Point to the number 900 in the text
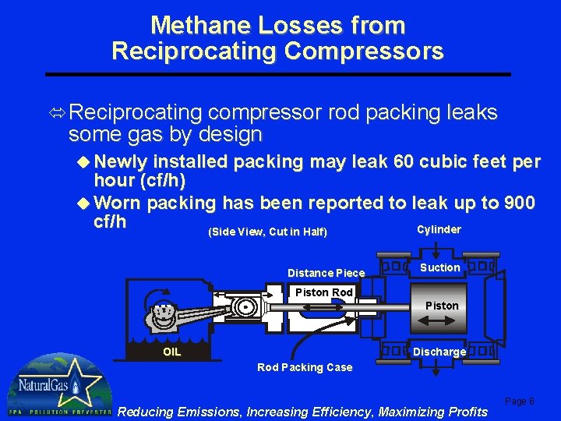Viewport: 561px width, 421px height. click(x=518, y=203)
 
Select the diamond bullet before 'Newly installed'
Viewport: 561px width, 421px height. click(x=85, y=163)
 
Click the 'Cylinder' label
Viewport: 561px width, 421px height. click(x=439, y=229)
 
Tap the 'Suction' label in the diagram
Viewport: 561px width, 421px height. click(x=440, y=267)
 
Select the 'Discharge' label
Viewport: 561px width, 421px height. click(x=439, y=352)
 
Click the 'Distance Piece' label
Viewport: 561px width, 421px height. click(x=326, y=273)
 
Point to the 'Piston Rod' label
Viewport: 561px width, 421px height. click(x=323, y=292)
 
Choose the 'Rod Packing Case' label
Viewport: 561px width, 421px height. click(x=305, y=367)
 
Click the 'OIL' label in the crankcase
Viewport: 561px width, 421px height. click(x=172, y=352)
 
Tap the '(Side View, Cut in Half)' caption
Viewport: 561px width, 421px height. click(x=267, y=232)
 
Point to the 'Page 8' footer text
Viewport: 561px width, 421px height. click(x=520, y=401)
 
